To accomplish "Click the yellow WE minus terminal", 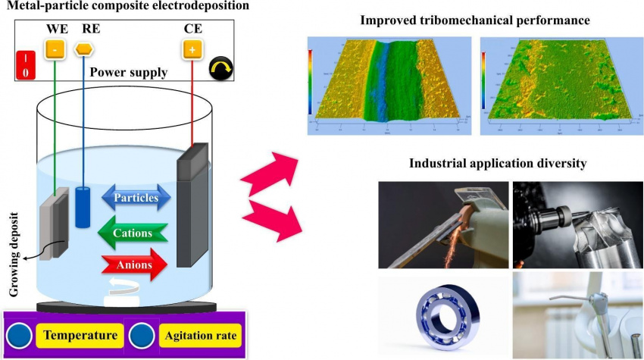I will (55, 50).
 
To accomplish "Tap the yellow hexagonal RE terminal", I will (84, 50).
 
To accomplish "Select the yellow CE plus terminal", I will (192, 50).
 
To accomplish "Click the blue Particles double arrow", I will (137, 199).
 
